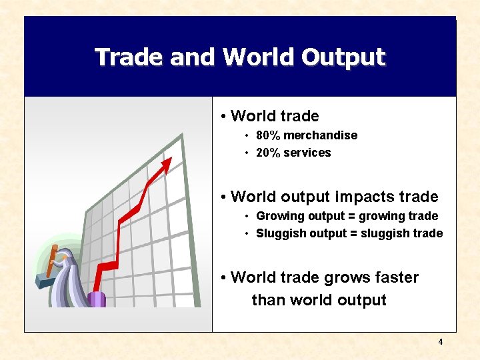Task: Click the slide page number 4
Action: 441,342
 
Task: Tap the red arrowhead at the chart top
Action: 166,163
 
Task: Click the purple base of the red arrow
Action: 97,299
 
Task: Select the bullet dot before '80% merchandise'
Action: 247,136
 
